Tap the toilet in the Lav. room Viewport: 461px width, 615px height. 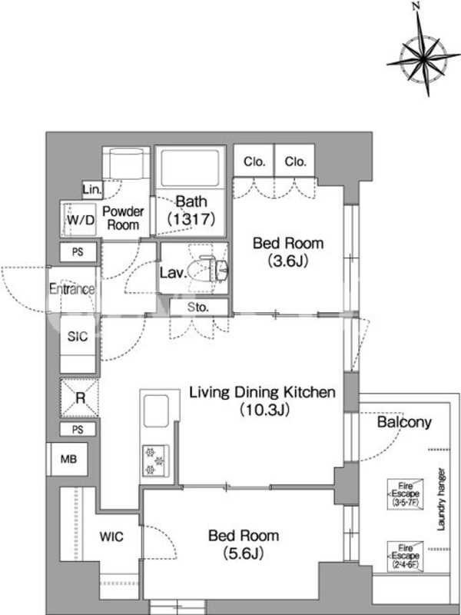point(207,268)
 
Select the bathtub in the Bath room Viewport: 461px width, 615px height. point(190,168)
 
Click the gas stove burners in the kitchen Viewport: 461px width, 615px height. point(155,460)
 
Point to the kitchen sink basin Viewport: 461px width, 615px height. point(156,411)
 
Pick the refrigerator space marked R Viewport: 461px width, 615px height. point(80,397)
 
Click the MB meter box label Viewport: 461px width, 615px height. point(68,459)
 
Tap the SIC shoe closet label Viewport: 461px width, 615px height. point(78,336)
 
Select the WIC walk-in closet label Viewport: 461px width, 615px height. point(111,536)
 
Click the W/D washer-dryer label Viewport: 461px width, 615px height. point(81,220)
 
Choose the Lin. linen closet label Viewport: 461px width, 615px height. point(92,190)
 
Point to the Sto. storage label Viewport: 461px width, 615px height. point(197,307)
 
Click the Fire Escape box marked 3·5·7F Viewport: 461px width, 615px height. point(406,494)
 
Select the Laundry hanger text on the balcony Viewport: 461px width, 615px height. point(441,499)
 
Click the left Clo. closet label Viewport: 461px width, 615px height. point(254,161)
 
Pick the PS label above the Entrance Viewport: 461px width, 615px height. point(78,252)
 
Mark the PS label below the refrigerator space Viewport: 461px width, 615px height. point(78,430)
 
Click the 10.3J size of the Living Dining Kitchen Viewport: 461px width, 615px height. point(265,411)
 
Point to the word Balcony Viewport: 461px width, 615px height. point(404,422)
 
